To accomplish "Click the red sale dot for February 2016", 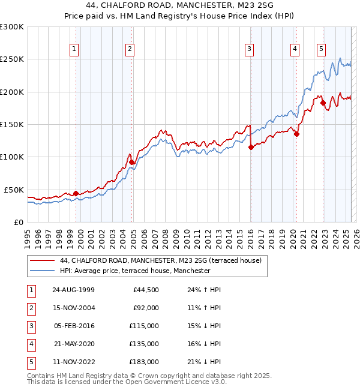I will [251, 148].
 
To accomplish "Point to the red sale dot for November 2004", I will [132, 162].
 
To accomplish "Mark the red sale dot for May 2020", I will [296, 134].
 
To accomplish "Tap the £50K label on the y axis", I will [14, 190].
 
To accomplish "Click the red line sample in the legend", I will [42, 261].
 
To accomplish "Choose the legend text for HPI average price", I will [135, 271].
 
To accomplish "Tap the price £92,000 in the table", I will [146, 308].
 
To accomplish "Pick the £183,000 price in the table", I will [144, 362].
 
